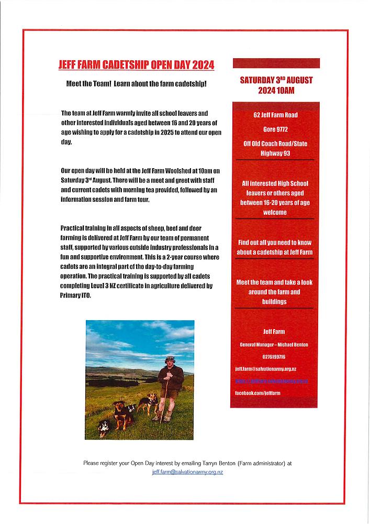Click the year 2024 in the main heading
coord(203,65)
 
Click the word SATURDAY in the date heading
coord(257,80)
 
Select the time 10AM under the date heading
coord(284,90)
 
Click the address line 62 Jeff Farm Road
coord(276,115)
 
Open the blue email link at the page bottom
coord(187,472)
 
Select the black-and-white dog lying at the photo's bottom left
coord(105,427)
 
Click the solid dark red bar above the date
coord(276,63)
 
